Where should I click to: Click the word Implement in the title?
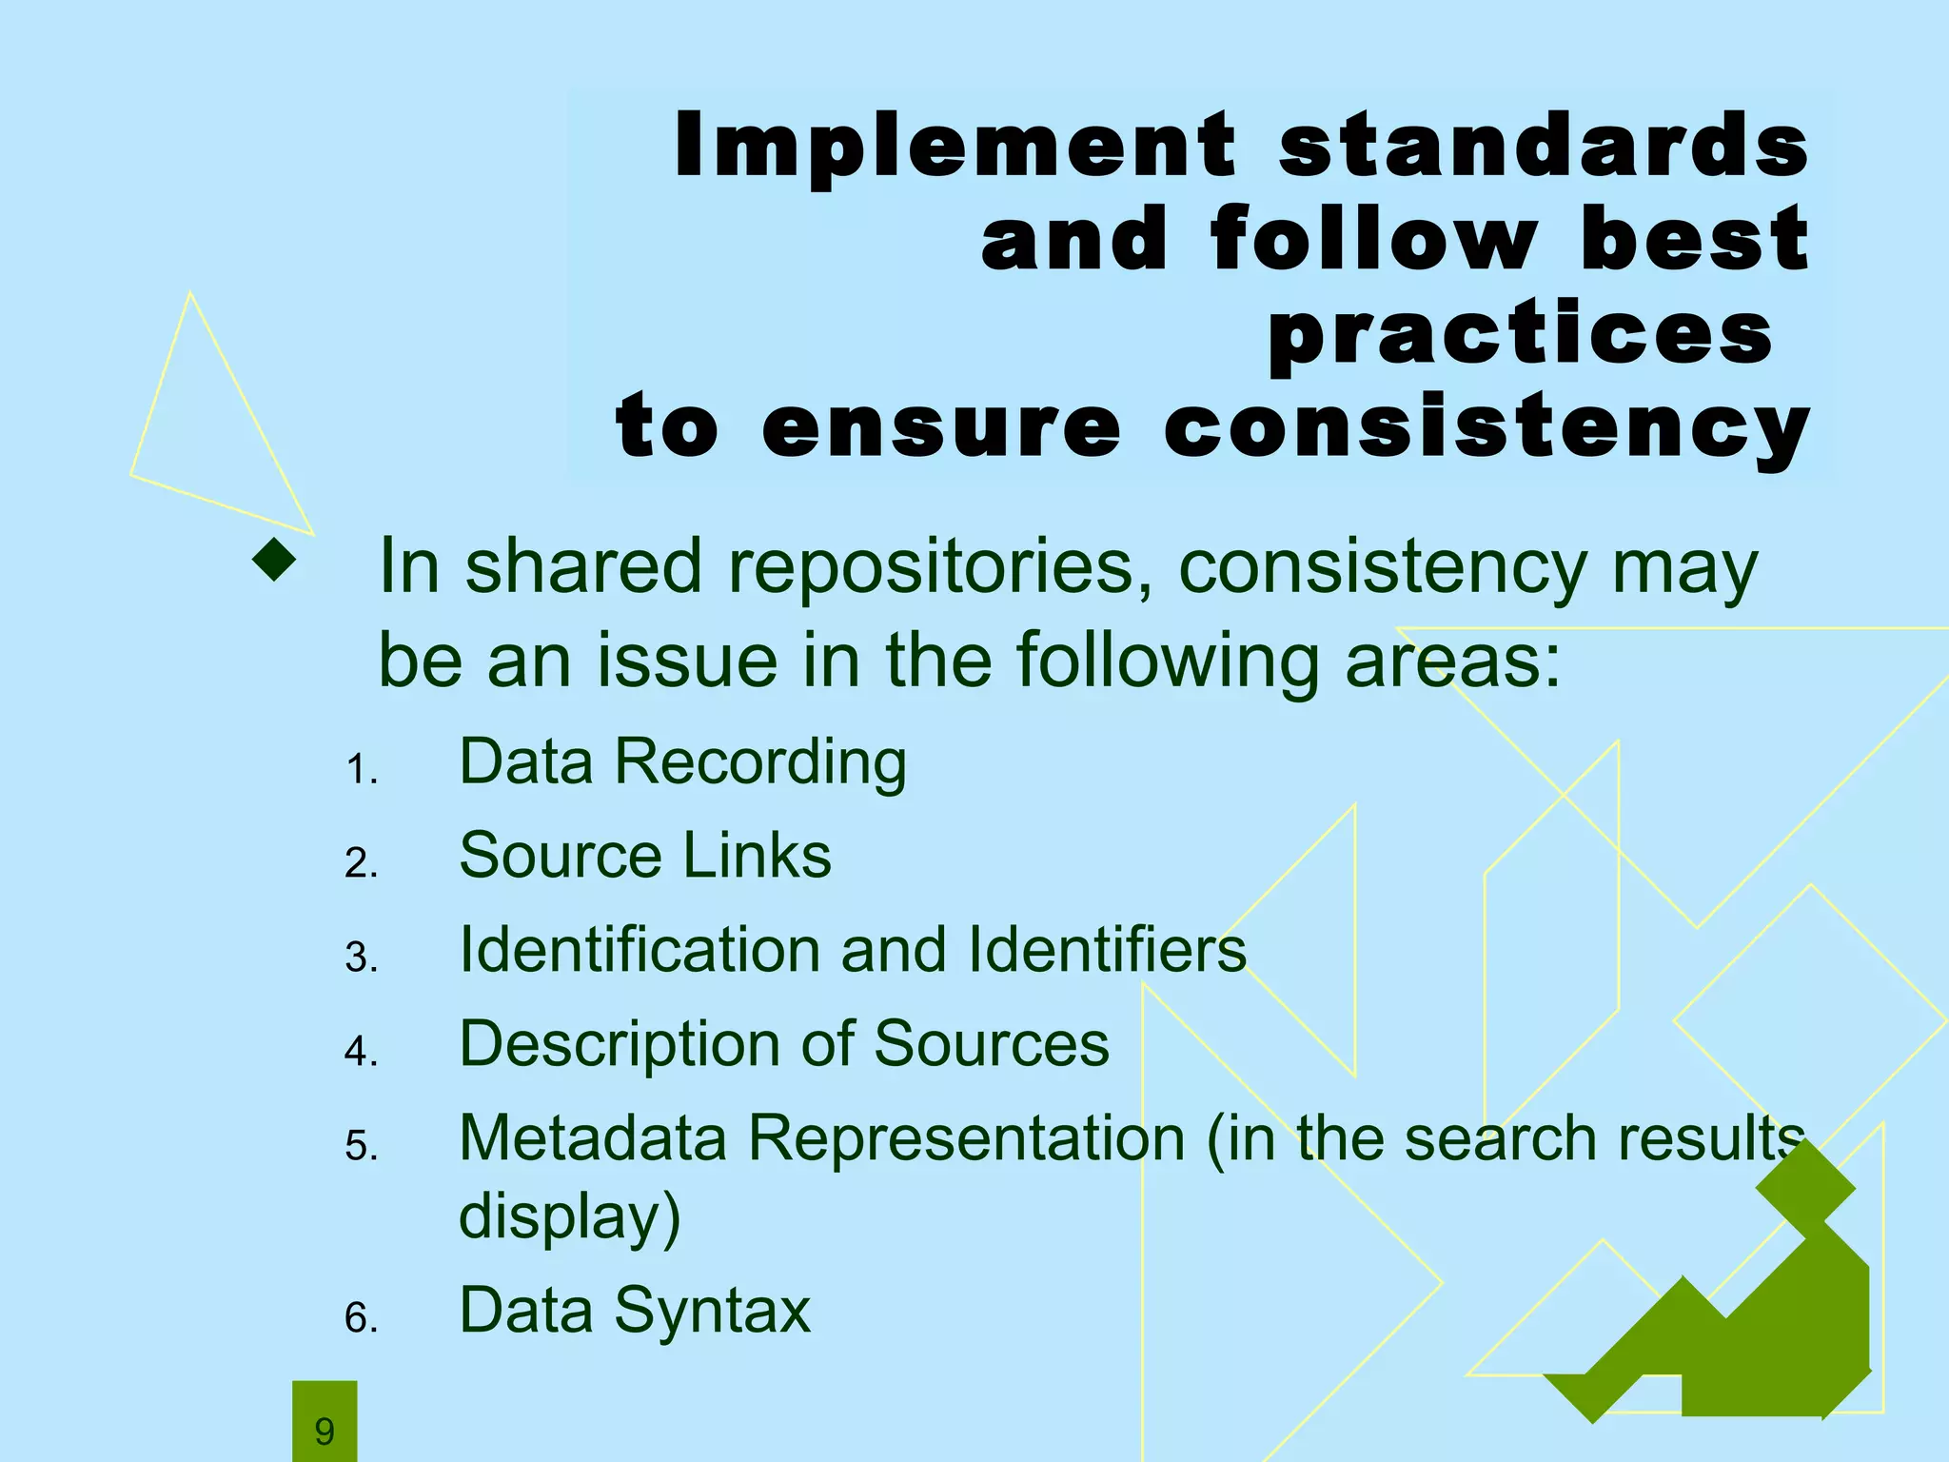(x=955, y=145)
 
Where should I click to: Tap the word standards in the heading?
(x=1543, y=145)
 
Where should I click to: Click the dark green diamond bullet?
(x=275, y=560)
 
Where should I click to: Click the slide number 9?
(x=325, y=1431)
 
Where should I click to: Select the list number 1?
(x=361, y=769)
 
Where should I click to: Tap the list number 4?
(x=361, y=1052)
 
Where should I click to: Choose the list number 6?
(x=361, y=1318)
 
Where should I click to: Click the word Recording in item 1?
(x=760, y=763)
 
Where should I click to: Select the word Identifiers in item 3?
(x=1107, y=950)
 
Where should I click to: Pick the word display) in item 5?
(x=570, y=1216)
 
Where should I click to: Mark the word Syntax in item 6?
(x=713, y=1311)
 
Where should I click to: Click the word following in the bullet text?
(x=1169, y=662)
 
